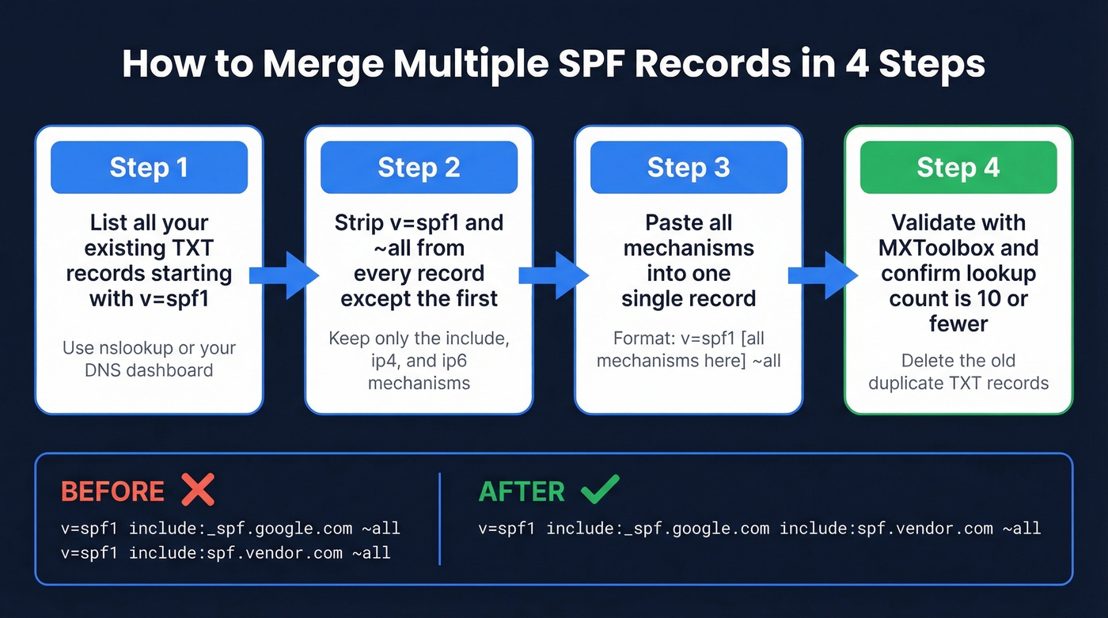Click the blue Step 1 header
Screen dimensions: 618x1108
[x=149, y=167]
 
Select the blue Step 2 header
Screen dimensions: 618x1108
[x=419, y=167]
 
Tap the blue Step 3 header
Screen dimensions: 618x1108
[x=688, y=167]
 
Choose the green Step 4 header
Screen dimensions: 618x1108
[x=958, y=167]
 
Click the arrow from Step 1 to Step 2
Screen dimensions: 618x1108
[x=283, y=275]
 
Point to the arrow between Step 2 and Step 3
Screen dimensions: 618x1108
[x=553, y=275]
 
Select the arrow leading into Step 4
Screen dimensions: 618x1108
[x=823, y=275]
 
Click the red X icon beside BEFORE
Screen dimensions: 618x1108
[x=197, y=491]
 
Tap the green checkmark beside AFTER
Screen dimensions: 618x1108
[x=600, y=491]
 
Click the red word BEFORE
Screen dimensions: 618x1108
[x=112, y=491]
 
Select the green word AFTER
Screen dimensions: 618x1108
[x=522, y=491]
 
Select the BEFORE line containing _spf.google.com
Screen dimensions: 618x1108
[x=230, y=528]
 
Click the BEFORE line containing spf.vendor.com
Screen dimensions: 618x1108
[x=226, y=552]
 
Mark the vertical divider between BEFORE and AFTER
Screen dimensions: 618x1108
[x=439, y=518]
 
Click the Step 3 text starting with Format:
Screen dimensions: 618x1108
[x=688, y=350]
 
